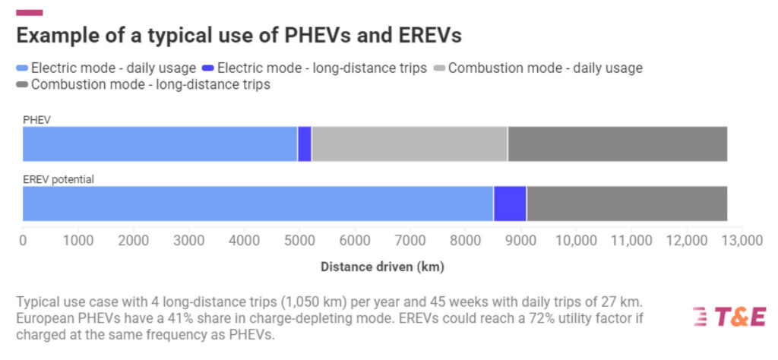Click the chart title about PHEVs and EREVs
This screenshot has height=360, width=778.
(x=239, y=36)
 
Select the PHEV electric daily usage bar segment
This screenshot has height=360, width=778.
(x=160, y=144)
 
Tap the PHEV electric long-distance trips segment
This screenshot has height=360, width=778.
(x=305, y=144)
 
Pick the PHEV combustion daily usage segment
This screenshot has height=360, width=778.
(x=410, y=144)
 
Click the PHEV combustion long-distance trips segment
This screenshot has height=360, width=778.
(x=617, y=144)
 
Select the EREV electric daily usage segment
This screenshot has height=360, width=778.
(x=258, y=204)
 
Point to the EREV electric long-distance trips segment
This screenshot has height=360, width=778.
(x=510, y=204)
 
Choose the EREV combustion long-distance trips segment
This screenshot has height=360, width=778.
(x=627, y=204)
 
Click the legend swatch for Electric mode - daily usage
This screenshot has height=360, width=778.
(x=23, y=68)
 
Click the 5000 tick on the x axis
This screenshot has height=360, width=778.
(x=299, y=241)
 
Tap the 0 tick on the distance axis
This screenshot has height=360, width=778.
(x=23, y=241)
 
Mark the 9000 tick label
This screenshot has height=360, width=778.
(x=520, y=241)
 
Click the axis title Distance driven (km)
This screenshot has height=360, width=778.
(x=382, y=267)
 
